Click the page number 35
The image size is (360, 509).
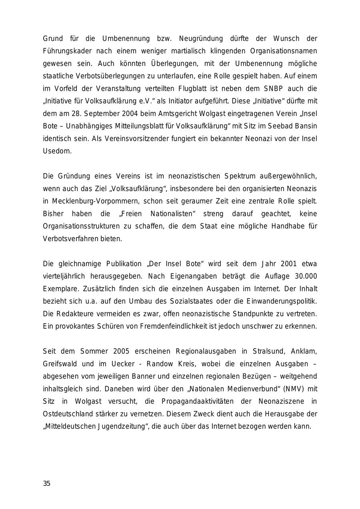tap(47, 483)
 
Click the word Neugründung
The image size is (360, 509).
tap(201, 39)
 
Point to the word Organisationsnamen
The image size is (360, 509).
tap(284, 51)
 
